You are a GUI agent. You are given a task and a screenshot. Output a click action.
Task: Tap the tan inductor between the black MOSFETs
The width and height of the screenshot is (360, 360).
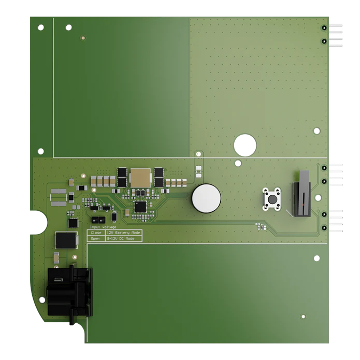pyautogui.click(x=139, y=178)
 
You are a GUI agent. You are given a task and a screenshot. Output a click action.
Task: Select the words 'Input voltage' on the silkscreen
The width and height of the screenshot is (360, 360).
pyautogui.click(x=103, y=227)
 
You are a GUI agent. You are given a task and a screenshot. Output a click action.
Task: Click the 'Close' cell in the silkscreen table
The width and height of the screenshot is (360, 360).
pyautogui.click(x=96, y=233)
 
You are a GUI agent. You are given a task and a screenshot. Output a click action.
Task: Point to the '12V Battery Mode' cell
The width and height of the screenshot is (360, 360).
pyautogui.click(x=123, y=233)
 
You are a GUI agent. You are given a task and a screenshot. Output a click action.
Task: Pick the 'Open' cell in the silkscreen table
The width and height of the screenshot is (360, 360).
pyautogui.click(x=96, y=238)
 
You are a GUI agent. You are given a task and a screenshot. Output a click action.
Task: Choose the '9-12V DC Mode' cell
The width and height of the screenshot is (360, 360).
pyautogui.click(x=122, y=238)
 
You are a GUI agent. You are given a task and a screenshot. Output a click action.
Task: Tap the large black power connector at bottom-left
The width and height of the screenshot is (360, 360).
pyautogui.click(x=69, y=292)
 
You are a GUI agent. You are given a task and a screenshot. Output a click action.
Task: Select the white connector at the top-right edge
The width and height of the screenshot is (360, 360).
pyautogui.click(x=336, y=34)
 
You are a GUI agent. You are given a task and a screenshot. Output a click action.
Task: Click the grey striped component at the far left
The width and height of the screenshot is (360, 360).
pyautogui.click(x=59, y=196)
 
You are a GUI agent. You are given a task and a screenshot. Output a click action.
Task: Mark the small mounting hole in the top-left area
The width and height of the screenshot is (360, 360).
pyautogui.click(x=83, y=37)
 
